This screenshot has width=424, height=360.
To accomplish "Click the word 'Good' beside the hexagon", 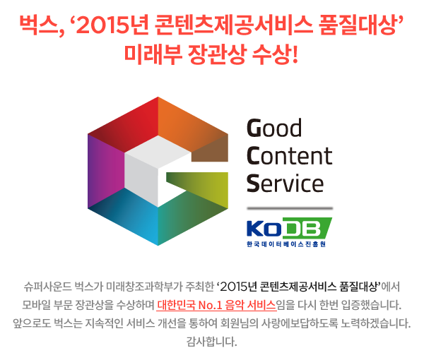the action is [274, 128].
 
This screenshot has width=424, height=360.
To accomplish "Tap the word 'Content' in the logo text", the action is [289, 155].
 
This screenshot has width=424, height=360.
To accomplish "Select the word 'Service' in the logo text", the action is [285, 183].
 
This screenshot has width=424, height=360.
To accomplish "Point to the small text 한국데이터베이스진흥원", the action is [286, 244].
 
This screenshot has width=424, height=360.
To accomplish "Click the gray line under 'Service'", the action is [290, 208].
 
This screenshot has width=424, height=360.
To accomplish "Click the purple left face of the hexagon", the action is [105, 171].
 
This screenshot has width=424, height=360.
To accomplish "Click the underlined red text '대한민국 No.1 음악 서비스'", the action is [217, 305].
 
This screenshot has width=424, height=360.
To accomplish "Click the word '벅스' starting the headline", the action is [38, 26].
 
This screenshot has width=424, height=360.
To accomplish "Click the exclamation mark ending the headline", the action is [295, 54].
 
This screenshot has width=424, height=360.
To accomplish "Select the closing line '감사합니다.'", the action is [212, 342].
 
